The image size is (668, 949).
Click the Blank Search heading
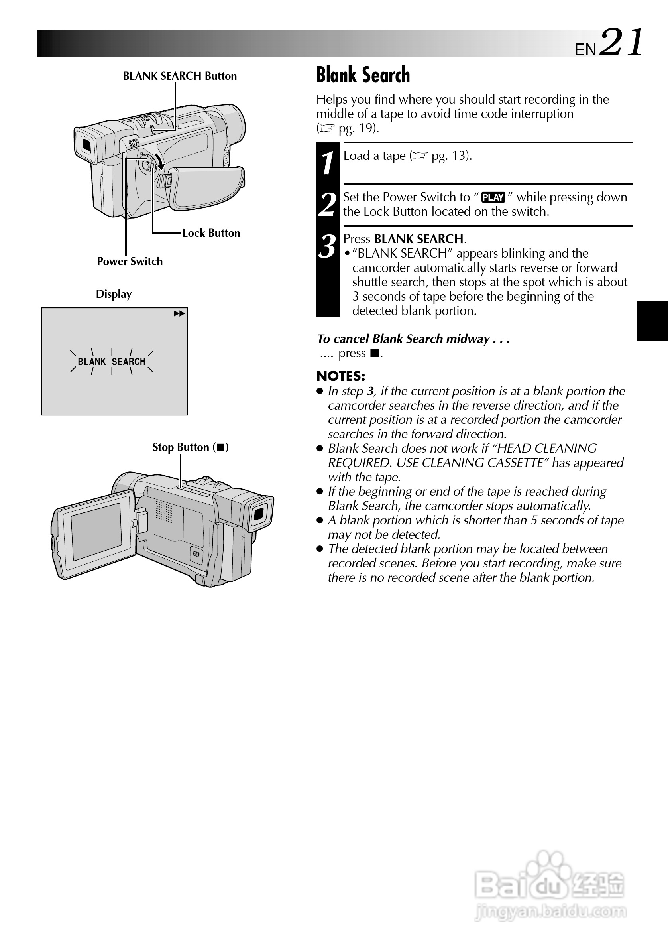click(363, 75)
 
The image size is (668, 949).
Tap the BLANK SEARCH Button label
click(180, 76)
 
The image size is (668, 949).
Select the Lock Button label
click(211, 233)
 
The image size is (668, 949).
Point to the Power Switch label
click(130, 261)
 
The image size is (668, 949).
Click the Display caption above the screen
click(114, 294)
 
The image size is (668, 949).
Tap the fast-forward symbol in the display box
click(179, 314)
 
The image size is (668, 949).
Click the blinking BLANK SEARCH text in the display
click(112, 362)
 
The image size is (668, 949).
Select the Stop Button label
click(191, 447)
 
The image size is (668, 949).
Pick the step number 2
click(328, 204)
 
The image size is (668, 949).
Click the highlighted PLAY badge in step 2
click(493, 197)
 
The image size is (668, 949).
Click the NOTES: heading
click(340, 376)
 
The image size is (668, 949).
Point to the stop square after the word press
click(374, 353)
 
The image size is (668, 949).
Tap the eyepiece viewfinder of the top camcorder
click(86, 144)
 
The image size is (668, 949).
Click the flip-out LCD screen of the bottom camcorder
click(96, 531)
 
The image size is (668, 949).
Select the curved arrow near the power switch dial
click(159, 161)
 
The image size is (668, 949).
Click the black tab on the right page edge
click(652, 321)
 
